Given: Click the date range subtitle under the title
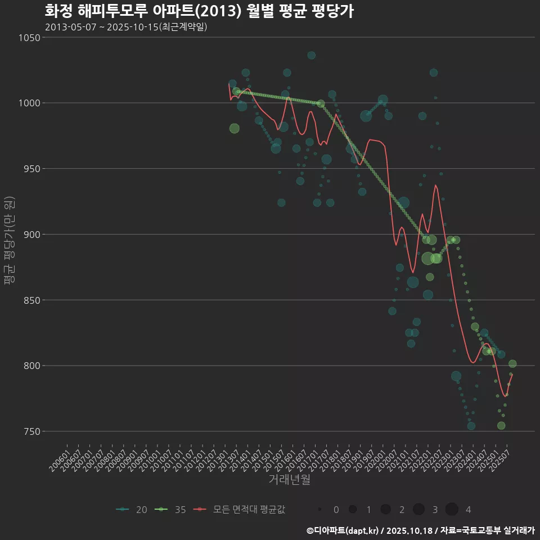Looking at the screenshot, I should (126, 27).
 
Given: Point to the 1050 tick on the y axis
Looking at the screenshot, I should (29, 38).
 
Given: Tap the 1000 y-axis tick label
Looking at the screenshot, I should (29, 103).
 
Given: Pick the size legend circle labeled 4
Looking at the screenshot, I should (452, 510).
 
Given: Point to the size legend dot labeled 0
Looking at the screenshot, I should (319, 510).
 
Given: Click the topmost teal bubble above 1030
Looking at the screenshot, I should (311, 55).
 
